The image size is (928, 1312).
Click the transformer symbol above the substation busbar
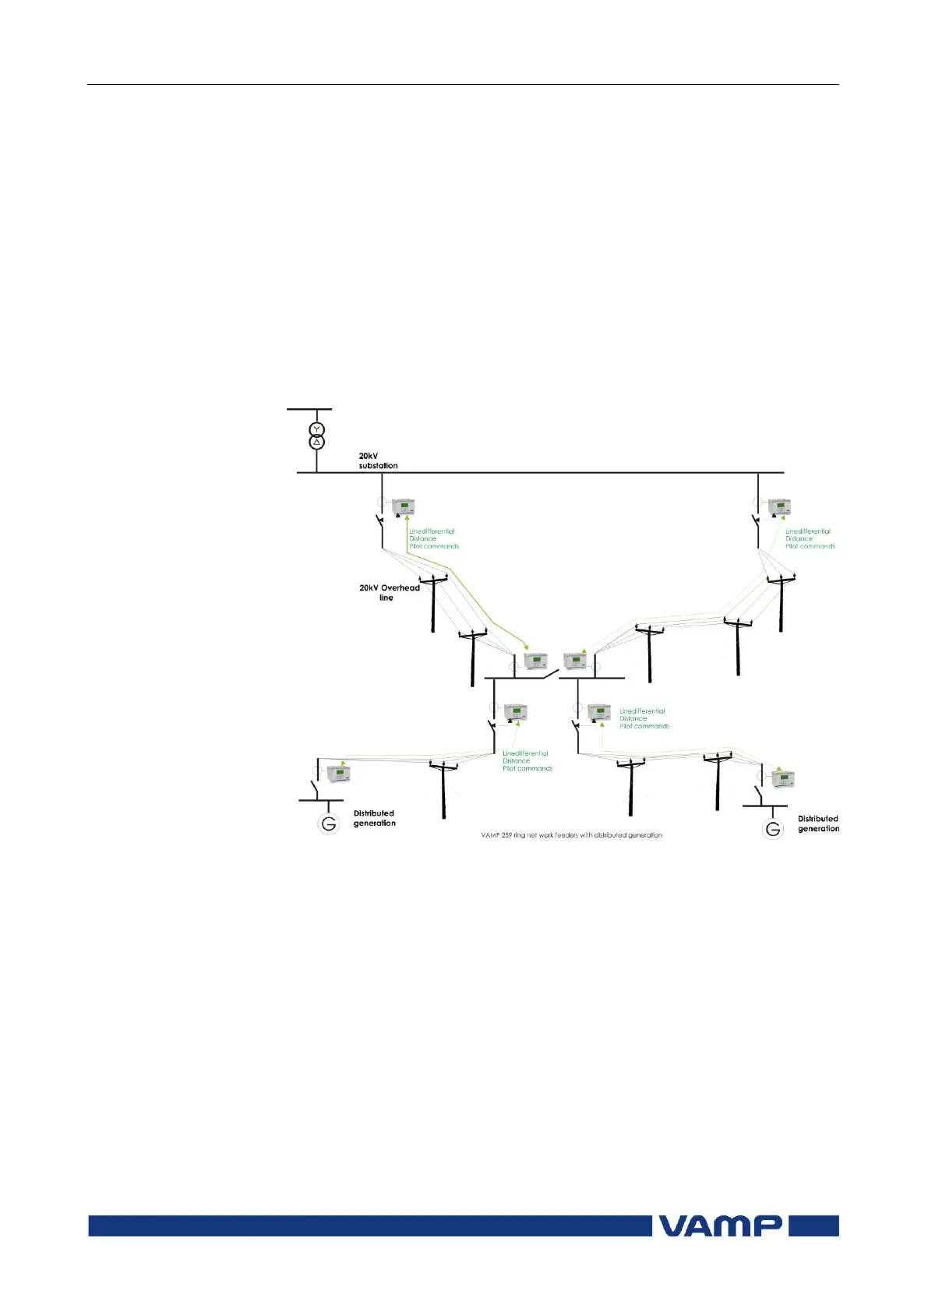pyautogui.click(x=316, y=436)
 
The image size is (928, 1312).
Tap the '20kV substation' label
pyautogui.click(x=378, y=460)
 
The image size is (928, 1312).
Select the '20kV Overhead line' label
pyautogui.click(x=389, y=593)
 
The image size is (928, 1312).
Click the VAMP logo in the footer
pyautogui.click(x=720, y=1226)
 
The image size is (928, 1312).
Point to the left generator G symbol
pyautogui.click(x=329, y=824)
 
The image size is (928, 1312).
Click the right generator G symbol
pyautogui.click(x=772, y=829)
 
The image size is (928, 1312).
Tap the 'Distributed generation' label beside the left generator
pyautogui.click(x=374, y=818)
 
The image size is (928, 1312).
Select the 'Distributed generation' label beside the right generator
pyautogui.click(x=818, y=824)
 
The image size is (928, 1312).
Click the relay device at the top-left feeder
pyautogui.click(x=404, y=507)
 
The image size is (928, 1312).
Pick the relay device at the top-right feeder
pyautogui.click(x=779, y=507)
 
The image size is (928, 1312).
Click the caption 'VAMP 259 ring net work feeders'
pyautogui.click(x=571, y=835)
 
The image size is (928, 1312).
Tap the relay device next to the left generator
pyautogui.click(x=339, y=774)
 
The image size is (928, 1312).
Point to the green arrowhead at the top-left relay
pyautogui.click(x=406, y=517)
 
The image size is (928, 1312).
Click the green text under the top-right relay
pyautogui.click(x=810, y=538)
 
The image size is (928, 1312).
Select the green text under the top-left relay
pyautogui.click(x=433, y=538)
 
